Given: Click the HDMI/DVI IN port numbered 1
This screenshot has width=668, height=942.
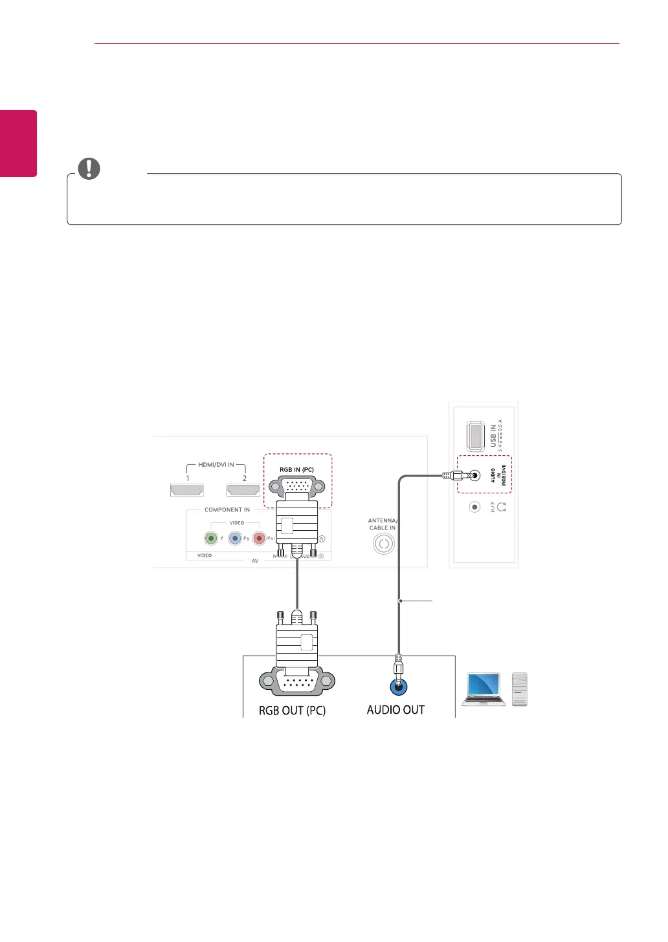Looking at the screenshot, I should click(x=187, y=490).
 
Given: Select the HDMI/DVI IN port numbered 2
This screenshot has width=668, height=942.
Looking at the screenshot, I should click(x=243, y=490).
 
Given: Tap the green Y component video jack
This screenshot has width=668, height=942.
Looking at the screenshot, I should click(x=210, y=537).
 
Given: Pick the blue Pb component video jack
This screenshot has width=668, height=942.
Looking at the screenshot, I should click(x=235, y=537).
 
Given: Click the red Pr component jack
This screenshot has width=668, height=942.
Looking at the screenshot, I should click(x=259, y=537).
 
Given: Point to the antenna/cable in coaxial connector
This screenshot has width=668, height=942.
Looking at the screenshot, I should click(x=384, y=544).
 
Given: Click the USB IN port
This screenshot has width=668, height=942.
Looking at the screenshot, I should click(x=476, y=436).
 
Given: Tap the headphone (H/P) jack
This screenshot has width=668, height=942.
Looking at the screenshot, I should click(x=474, y=507).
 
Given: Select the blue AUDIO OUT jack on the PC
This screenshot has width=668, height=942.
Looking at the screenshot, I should click(x=399, y=686).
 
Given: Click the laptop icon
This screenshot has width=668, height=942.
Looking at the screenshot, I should click(x=484, y=689).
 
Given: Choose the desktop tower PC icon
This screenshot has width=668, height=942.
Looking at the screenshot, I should click(x=520, y=689).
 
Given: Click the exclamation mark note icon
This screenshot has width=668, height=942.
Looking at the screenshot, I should click(x=89, y=168).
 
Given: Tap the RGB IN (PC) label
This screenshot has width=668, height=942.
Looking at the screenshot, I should click(x=296, y=469).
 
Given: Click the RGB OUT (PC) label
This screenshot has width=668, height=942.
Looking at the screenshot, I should click(x=292, y=711).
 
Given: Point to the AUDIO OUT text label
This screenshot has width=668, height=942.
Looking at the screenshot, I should click(x=395, y=710).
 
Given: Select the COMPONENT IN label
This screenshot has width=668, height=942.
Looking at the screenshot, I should click(x=227, y=509).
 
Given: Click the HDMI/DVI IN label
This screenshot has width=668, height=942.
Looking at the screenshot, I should click(x=216, y=465).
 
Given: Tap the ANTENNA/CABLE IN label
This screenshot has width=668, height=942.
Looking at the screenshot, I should click(x=383, y=524).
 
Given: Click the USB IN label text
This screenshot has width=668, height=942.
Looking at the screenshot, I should click(x=493, y=436).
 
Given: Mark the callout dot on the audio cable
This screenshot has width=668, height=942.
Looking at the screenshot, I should click(x=401, y=601).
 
